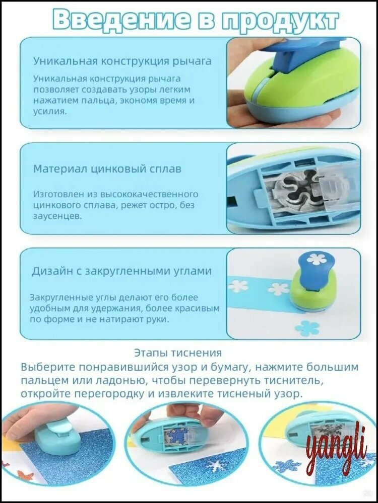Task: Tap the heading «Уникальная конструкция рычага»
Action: tap(122, 61)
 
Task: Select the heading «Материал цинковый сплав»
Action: tap(107, 169)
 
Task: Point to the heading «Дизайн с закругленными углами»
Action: tap(121, 272)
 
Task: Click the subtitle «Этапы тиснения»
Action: tap(178, 353)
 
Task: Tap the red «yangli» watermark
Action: tap(335, 447)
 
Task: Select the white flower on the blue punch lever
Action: tap(317, 259)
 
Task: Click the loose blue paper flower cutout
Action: tap(307, 328)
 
